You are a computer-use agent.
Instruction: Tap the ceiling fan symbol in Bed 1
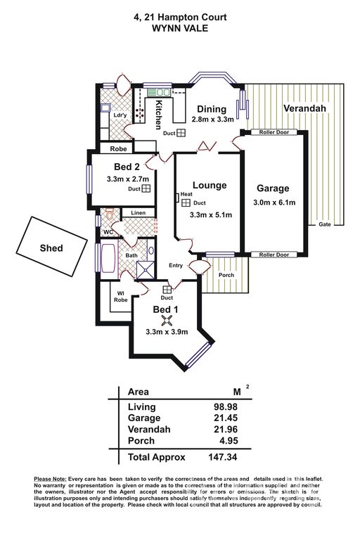click(x=167, y=321)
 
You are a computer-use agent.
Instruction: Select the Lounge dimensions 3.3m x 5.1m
click(x=211, y=215)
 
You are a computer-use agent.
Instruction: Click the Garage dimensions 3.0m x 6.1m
click(x=274, y=202)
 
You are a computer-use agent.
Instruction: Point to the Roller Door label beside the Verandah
click(x=274, y=132)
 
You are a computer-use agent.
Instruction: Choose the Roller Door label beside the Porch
click(x=274, y=255)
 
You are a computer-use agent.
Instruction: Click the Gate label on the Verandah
click(x=325, y=224)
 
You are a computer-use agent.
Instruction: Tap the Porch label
click(x=226, y=275)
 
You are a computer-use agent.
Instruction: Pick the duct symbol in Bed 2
click(x=146, y=188)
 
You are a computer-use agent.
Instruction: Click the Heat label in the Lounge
click(x=186, y=194)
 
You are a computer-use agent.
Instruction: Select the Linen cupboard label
click(x=138, y=213)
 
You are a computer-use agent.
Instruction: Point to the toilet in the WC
click(x=109, y=213)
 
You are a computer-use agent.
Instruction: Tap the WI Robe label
click(x=120, y=297)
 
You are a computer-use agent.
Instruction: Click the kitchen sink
click(x=159, y=92)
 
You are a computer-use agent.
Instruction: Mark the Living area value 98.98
click(x=226, y=406)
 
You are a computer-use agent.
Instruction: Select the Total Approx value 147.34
click(x=223, y=457)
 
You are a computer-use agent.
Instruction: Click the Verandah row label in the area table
click(x=149, y=430)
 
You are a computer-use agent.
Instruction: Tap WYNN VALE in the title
click(x=180, y=28)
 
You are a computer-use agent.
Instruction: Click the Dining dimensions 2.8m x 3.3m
click(x=212, y=119)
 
